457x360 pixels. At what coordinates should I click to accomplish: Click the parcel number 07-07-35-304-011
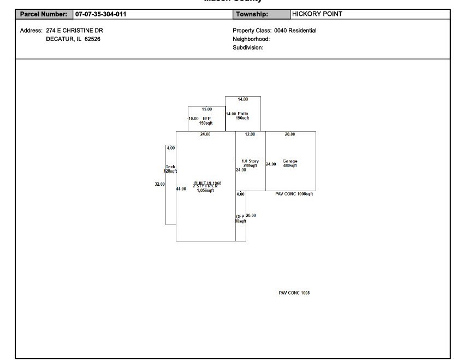[100, 14]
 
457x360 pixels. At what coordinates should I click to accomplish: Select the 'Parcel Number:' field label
[43, 14]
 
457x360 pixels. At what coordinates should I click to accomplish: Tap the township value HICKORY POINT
[317, 14]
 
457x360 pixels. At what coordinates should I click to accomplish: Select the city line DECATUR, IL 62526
[73, 39]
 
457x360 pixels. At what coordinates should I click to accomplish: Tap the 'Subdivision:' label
[248, 48]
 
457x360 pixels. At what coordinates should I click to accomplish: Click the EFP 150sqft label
[206, 121]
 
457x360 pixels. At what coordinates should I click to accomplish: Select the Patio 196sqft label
[243, 116]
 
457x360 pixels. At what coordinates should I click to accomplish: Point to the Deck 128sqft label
[170, 169]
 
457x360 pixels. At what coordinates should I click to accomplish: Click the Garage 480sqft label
[290, 163]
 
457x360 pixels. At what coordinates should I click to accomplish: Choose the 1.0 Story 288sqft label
[250, 163]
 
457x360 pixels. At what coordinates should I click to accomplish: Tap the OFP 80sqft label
[240, 219]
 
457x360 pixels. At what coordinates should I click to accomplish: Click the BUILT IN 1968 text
[207, 183]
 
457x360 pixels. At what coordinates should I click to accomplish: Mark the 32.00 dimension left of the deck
[159, 184]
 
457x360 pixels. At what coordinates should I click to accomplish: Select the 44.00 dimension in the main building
[181, 188]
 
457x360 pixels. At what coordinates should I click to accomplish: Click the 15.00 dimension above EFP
[207, 109]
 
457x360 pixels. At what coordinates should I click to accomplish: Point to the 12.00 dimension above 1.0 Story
[250, 134]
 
